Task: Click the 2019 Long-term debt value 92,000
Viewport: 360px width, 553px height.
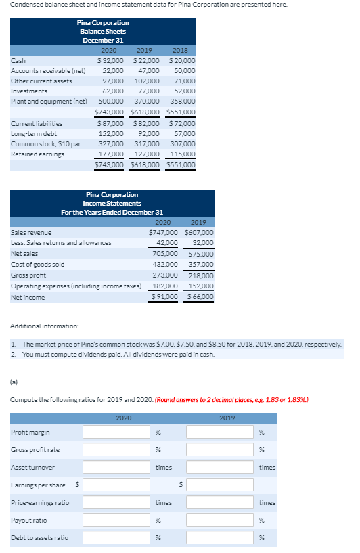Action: [148, 134]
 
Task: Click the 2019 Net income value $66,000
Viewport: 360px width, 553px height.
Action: [200, 296]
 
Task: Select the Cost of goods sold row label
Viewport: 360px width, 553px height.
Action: [38, 265]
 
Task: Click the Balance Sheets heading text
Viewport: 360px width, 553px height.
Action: [104, 32]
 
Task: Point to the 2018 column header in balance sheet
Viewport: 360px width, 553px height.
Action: [181, 50]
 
